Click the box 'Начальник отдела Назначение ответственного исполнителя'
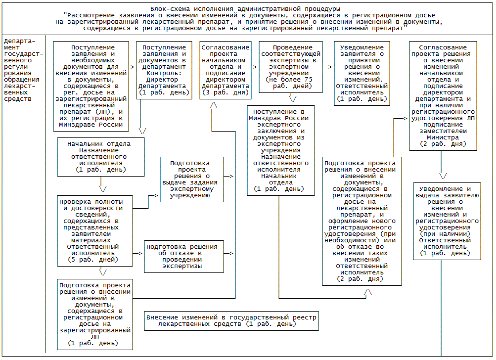click(x=101, y=157)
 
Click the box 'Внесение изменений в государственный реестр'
click(x=231, y=320)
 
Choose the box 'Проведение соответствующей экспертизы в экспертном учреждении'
click(x=291, y=66)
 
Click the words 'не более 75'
click(x=289, y=79)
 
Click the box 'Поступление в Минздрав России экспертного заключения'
click(x=281, y=150)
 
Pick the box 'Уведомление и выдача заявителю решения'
click(x=447, y=221)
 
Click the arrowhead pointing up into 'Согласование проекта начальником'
click(x=214, y=105)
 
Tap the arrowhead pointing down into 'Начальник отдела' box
click(x=142, y=131)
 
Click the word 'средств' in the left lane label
click(x=16, y=98)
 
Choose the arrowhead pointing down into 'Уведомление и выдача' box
click(x=443, y=176)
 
